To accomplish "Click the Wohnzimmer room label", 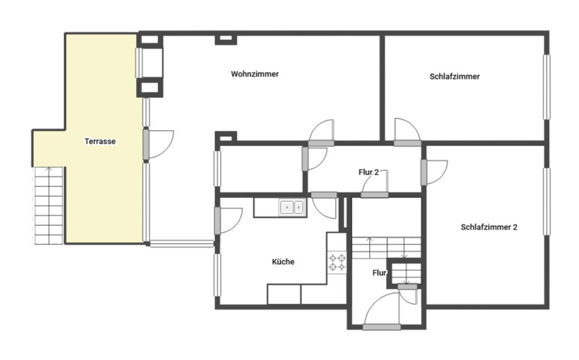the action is tap(255, 74).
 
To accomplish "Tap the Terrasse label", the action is tap(100, 141).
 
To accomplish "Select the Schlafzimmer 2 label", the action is tap(489, 227).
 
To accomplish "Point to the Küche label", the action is tap(283, 262).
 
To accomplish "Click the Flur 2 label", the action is tap(369, 172).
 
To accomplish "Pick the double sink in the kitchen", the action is tap(292, 207).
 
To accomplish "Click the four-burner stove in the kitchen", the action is tap(337, 262).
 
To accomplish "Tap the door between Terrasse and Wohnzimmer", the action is tap(158, 145).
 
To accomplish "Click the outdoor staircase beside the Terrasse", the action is tap(48, 206).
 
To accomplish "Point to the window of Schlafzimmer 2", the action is tap(547, 202).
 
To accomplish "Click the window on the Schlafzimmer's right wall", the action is tap(547, 87).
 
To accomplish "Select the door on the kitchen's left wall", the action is tap(228, 221).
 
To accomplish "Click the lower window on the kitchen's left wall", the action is tap(217, 275).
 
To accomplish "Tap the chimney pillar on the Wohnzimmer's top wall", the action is tap(226, 40).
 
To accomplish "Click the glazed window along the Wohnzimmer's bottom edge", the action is tap(182, 244).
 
